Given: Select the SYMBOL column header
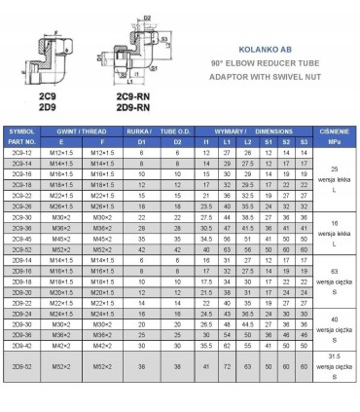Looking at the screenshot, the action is point(21,129).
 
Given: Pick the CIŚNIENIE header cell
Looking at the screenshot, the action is point(337,129).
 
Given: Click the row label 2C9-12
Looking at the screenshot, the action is point(21,152).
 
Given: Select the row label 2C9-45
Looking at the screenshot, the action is point(21,238).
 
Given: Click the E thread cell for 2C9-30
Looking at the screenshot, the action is point(60,216).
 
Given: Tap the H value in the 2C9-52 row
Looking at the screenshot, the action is point(205,248).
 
